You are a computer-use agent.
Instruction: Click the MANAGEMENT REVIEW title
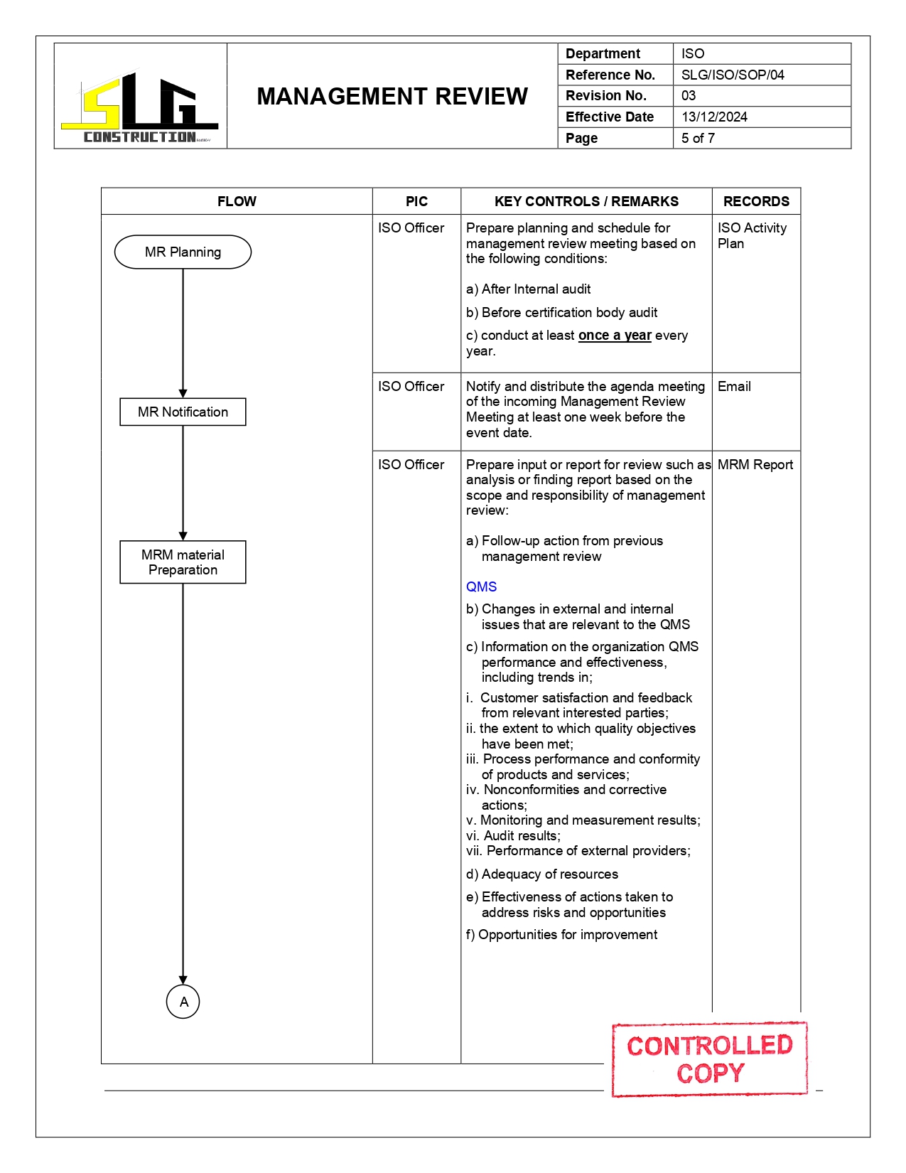click(x=392, y=96)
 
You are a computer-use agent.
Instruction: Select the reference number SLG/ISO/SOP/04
click(x=733, y=75)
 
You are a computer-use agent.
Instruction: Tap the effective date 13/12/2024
click(x=714, y=117)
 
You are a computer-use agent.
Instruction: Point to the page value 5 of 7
click(x=698, y=138)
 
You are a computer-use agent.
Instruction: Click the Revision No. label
click(x=606, y=95)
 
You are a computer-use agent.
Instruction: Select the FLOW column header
click(x=237, y=201)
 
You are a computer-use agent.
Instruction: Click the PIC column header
click(x=416, y=201)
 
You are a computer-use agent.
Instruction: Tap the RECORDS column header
click(x=756, y=201)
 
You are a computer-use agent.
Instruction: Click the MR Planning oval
click(x=183, y=252)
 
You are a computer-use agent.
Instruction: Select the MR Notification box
click(x=183, y=412)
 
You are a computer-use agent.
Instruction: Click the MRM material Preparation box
click(x=183, y=562)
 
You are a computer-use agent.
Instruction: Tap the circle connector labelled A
click(x=183, y=1002)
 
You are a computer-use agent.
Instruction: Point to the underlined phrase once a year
click(x=615, y=336)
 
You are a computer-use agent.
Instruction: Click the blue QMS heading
click(x=481, y=586)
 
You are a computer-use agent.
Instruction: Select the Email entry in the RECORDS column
click(x=734, y=386)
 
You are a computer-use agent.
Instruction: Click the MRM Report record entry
click(x=755, y=464)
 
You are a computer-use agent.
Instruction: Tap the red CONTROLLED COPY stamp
click(x=709, y=1059)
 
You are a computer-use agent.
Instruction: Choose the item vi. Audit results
click(x=513, y=836)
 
